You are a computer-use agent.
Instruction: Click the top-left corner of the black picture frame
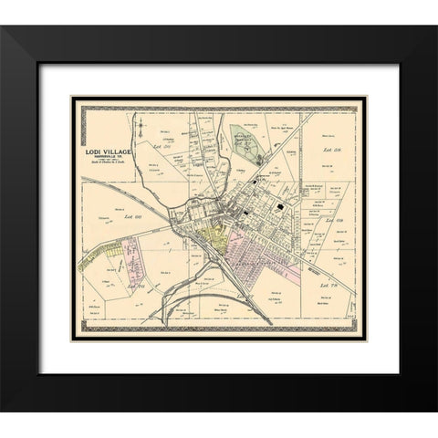[2, 26]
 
